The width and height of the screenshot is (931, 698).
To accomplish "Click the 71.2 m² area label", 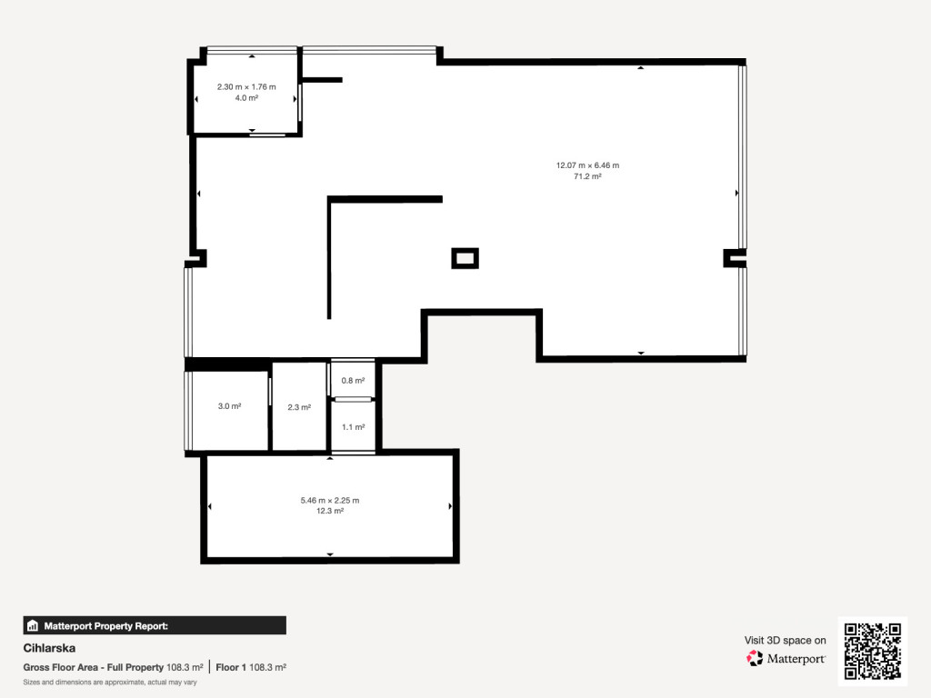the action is click(x=587, y=176).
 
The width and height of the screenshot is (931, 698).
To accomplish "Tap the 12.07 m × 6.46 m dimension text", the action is click(x=587, y=165).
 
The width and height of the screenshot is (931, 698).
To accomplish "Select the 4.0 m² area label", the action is click(x=246, y=98).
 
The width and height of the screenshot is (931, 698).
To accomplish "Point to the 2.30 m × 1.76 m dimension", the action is click(x=246, y=86).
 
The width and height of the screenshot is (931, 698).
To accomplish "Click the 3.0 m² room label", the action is click(x=229, y=406).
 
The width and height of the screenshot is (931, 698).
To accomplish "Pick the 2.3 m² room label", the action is click(x=299, y=407).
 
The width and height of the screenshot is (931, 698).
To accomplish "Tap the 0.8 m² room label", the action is click(x=353, y=381).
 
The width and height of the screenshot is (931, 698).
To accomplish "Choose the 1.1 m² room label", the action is click(x=354, y=427).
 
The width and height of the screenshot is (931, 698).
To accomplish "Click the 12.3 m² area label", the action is click(x=329, y=511).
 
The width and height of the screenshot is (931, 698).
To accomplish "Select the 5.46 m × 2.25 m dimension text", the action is click(x=329, y=501).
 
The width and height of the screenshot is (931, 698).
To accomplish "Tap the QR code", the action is click(x=873, y=651).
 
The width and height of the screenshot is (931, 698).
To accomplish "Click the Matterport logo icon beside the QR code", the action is click(x=755, y=658).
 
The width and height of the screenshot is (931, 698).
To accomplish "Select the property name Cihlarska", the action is click(x=49, y=648).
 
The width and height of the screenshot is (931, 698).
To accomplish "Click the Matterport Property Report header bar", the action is click(x=155, y=625).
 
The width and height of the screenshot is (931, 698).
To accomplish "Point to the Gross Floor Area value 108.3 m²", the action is click(x=185, y=667).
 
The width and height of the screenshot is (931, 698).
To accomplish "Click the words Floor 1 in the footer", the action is click(x=231, y=667).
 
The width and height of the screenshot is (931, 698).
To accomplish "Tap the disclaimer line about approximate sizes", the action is click(x=110, y=682).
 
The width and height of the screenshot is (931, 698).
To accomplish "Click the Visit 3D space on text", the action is click(x=785, y=641).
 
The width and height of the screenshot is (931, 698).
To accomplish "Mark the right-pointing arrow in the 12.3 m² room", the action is click(x=450, y=506).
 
